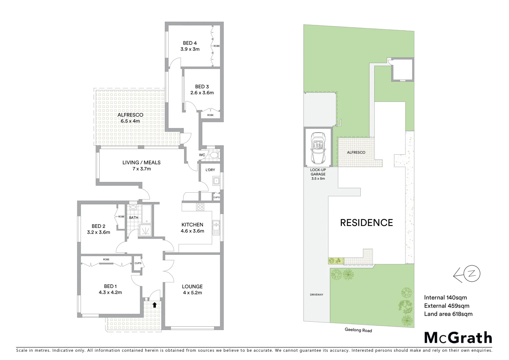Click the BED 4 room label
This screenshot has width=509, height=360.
click(x=190, y=43)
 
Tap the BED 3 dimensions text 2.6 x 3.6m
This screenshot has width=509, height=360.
click(x=202, y=93)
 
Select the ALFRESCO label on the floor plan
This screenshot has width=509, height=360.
click(x=130, y=115)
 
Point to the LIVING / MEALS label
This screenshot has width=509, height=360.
click(x=141, y=163)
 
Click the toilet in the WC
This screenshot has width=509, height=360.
click(x=214, y=155)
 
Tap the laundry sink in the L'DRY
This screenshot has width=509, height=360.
click(x=216, y=181)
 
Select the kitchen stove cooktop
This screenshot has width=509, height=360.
click(x=200, y=207)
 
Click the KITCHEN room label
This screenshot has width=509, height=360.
click(x=192, y=225)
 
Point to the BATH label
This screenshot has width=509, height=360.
click(x=134, y=218)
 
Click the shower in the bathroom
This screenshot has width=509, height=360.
click(x=145, y=230)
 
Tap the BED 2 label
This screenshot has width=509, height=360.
click(x=99, y=226)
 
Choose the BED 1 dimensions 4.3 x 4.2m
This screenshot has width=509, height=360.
click(x=110, y=293)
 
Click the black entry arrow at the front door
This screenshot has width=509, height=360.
click(x=154, y=304)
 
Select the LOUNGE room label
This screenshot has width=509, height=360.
click(x=192, y=286)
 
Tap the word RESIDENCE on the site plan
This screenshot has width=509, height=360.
click(x=366, y=223)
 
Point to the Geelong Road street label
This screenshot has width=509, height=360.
click(x=358, y=330)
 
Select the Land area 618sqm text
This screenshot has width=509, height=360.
click(x=448, y=314)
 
